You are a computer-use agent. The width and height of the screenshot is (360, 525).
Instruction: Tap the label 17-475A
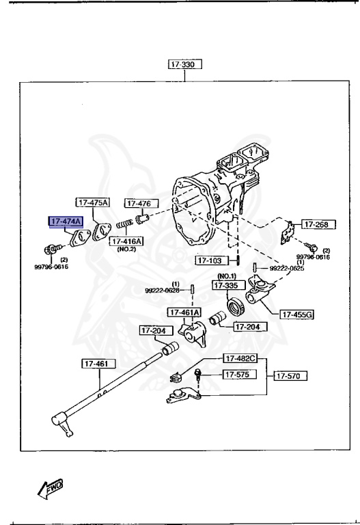(93, 202)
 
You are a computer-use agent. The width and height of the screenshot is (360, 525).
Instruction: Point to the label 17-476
(141, 203)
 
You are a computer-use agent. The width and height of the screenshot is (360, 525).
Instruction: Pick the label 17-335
(227, 285)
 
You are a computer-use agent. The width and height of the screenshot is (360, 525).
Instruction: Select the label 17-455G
(297, 314)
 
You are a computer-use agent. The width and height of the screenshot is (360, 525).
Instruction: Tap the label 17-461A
(184, 312)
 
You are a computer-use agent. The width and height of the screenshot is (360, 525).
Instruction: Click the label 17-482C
(240, 358)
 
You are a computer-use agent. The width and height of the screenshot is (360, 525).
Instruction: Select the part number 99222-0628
(163, 290)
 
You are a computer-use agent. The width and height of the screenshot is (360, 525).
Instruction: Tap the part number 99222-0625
(288, 268)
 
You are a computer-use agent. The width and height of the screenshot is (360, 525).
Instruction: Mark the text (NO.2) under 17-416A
(126, 250)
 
